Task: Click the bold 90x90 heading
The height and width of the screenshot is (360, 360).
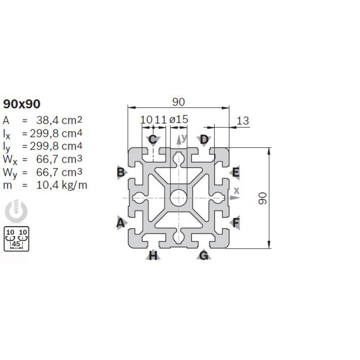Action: point(22,104)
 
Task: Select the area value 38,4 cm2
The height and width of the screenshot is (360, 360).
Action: point(59,120)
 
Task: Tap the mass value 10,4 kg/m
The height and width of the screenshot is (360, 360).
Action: point(62,185)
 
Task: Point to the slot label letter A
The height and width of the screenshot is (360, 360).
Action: point(121,223)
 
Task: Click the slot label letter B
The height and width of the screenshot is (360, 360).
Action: point(121,172)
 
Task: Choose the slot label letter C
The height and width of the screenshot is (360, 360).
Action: point(153,139)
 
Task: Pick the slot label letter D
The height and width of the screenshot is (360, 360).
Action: point(204,139)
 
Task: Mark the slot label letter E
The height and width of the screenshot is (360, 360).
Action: point(236,172)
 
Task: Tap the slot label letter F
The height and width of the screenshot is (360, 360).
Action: point(236,223)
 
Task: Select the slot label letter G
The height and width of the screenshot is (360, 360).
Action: point(204,255)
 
